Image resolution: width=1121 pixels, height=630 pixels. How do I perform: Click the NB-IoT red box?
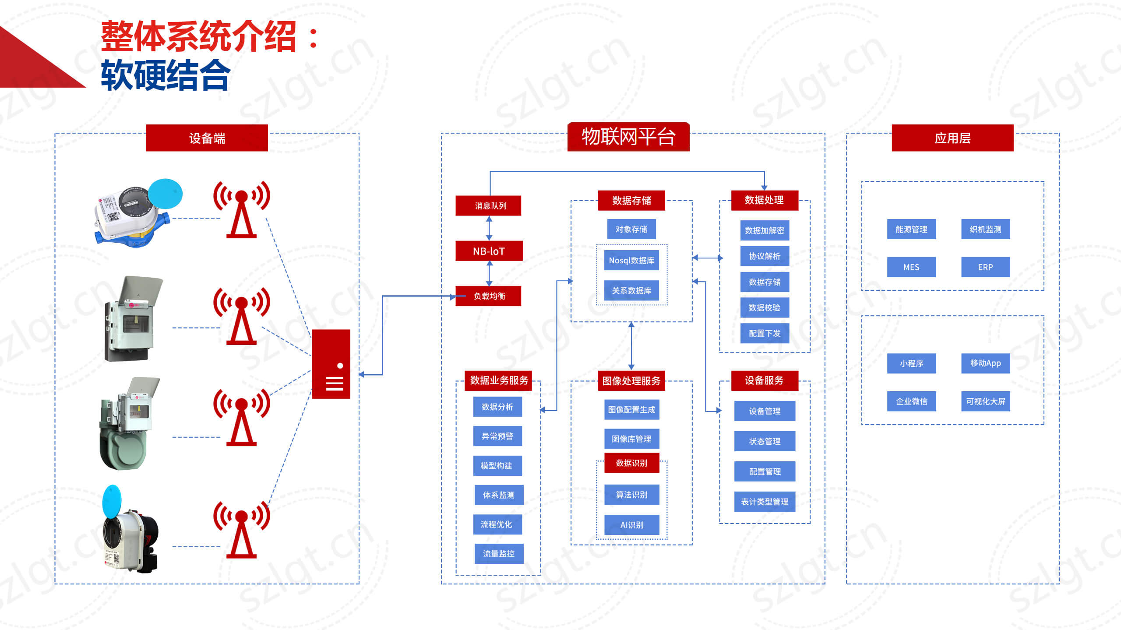(489, 251)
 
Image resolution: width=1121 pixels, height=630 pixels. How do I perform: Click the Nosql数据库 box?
(631, 260)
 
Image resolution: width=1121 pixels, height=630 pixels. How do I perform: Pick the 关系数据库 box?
(631, 290)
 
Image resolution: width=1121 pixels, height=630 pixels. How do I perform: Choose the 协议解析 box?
(765, 256)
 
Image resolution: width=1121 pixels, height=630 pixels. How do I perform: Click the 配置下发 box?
(765, 333)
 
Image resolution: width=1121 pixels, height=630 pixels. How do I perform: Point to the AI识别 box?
(631, 525)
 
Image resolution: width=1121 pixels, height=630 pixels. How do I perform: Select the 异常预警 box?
(497, 436)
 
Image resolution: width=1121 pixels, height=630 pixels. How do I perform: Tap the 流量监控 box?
(499, 553)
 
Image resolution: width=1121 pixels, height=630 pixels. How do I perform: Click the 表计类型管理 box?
(765, 502)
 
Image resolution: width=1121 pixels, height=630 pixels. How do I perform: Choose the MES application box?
(911, 267)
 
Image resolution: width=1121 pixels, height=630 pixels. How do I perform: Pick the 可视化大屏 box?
(985, 401)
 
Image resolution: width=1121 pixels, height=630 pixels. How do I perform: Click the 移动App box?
(985, 363)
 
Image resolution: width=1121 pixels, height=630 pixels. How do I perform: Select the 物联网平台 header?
(628, 137)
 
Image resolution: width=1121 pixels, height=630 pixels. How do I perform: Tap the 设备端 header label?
(207, 138)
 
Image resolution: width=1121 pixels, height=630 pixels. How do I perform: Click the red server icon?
(331, 364)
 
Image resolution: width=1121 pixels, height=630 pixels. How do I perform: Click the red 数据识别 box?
(631, 463)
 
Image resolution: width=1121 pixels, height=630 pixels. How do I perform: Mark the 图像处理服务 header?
(631, 381)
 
